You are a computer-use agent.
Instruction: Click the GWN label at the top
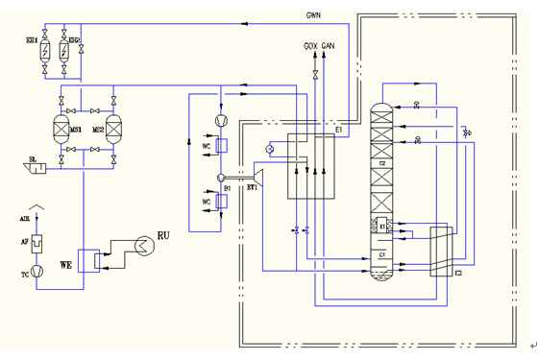tap(312, 14)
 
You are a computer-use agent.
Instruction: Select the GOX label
tap(310, 45)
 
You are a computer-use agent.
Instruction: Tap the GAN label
tap(329, 45)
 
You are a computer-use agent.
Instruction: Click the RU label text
tap(162, 235)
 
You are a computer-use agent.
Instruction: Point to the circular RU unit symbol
tap(141, 247)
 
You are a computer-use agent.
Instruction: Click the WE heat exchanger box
tap(88, 261)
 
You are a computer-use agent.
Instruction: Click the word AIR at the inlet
tap(25, 219)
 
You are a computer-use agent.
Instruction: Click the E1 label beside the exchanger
tap(338, 128)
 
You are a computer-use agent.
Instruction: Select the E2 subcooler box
tap(442, 252)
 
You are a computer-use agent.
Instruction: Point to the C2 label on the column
tap(381, 163)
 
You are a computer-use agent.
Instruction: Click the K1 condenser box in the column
tap(381, 227)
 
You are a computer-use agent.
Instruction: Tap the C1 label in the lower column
tap(381, 255)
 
